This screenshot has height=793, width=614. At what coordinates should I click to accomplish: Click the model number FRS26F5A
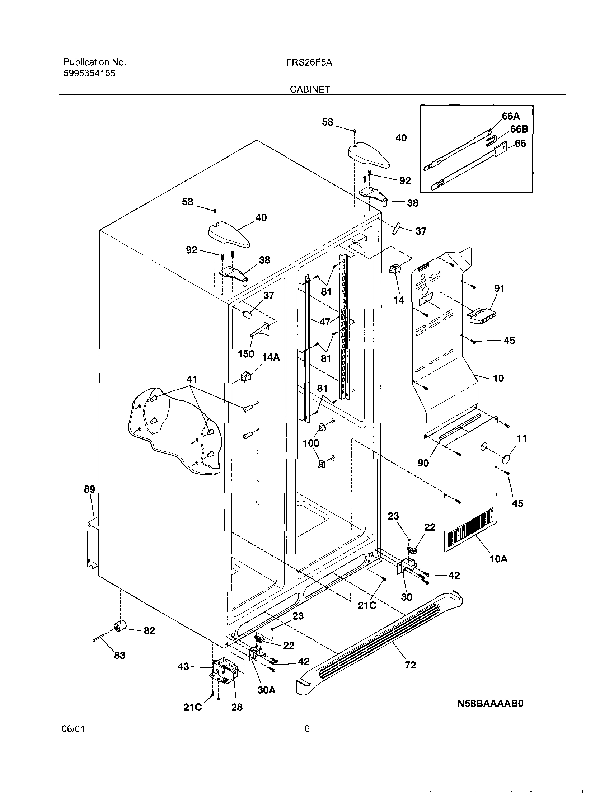click(x=309, y=62)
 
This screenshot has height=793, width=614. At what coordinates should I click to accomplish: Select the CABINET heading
click(x=310, y=89)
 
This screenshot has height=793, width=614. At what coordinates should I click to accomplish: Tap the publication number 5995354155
click(x=89, y=73)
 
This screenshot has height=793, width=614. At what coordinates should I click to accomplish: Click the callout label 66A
click(x=510, y=116)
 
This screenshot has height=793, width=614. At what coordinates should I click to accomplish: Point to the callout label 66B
click(x=519, y=129)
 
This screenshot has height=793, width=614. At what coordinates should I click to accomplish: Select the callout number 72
click(x=410, y=665)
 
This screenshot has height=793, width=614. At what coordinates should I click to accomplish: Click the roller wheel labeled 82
click(x=119, y=625)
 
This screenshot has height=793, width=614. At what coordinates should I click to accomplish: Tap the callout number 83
click(x=119, y=655)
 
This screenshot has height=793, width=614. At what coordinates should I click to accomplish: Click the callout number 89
click(x=89, y=489)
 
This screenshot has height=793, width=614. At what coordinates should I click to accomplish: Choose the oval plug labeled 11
click(x=507, y=460)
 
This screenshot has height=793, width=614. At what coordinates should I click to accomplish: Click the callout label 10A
click(x=498, y=559)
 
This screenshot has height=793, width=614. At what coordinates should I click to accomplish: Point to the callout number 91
click(x=499, y=288)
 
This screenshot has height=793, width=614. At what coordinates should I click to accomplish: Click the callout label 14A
click(x=271, y=357)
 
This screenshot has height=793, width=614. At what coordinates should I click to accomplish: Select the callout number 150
click(x=246, y=354)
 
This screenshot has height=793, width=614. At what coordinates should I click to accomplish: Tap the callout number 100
click(x=311, y=443)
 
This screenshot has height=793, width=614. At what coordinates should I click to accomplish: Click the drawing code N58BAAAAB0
click(x=490, y=703)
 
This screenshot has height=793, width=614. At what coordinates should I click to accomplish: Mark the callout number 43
click(x=183, y=666)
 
